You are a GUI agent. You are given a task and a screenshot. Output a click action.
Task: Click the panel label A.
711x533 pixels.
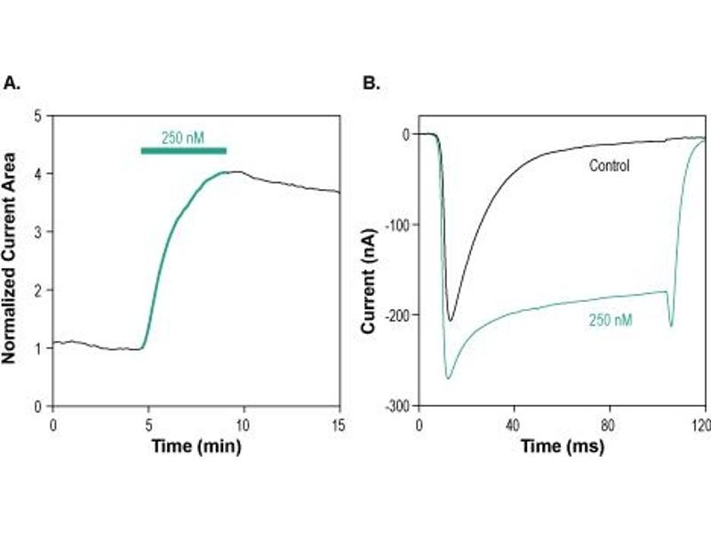point(12,84)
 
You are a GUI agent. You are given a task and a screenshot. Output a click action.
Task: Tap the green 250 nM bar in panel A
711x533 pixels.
point(183,150)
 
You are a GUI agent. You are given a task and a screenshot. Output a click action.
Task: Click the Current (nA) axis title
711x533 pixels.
point(367,276)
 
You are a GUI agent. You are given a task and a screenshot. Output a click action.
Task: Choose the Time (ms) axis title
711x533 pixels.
point(562,445)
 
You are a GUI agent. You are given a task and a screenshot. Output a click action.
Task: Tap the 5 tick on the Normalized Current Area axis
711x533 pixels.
point(37,115)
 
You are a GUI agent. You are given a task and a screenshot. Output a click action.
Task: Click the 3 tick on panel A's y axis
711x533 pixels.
point(37,232)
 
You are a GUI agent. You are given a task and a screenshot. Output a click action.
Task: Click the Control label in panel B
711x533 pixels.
point(609,165)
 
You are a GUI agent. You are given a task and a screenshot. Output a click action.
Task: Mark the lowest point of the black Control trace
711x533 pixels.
point(451,320)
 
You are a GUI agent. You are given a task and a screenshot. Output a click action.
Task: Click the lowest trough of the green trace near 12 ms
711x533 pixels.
point(448,378)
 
